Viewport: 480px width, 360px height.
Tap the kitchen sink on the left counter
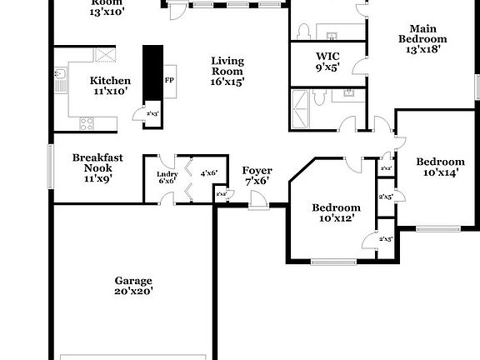pos(60,80)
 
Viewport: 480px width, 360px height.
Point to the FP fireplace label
pos(169,80)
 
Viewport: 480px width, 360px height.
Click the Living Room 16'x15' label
pos(227,71)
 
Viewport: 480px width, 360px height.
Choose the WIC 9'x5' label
pos(327,63)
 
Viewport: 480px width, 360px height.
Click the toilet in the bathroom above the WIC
pos(303,32)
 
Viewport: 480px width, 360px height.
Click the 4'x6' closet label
pos(208,173)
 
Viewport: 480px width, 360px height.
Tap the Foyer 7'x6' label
pos(257,176)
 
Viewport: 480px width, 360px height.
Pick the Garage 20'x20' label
pos(133,286)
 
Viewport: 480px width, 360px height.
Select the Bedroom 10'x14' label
pos(441,167)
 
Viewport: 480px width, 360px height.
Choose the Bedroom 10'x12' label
pos(336,213)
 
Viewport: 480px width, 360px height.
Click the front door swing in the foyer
pos(260,200)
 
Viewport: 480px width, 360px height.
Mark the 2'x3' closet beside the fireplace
pos(152,113)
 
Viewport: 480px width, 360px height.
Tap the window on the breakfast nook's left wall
pos(51,167)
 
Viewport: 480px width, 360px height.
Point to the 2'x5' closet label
pos(386,197)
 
